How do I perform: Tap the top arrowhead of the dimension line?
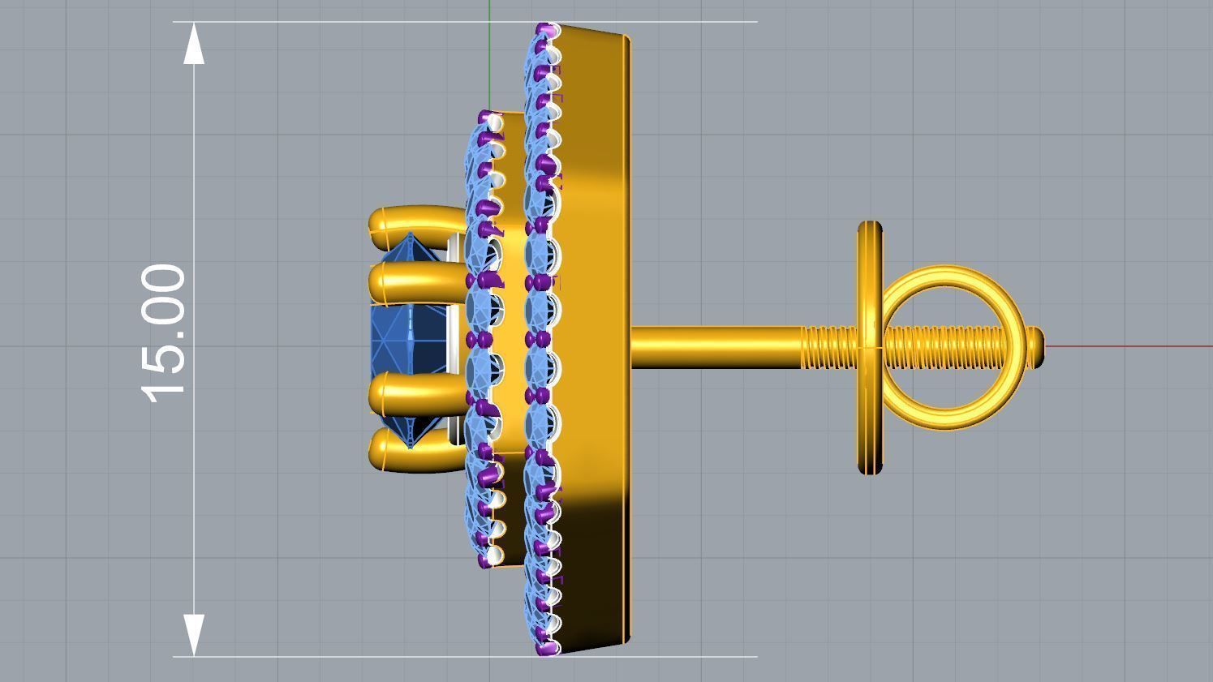click(x=194, y=45)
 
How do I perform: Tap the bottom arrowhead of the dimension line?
click(x=194, y=634)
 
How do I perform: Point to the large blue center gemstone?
click(x=406, y=338)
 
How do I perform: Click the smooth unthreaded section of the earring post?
click(x=714, y=347)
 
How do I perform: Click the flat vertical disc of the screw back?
click(x=869, y=268)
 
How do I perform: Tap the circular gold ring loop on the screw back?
click(x=949, y=276)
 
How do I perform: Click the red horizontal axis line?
click(x=1136, y=346)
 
